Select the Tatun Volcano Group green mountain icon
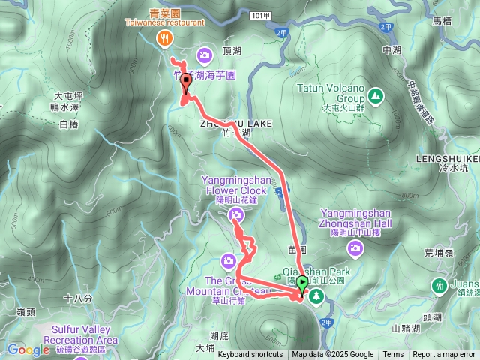click(x=374, y=95)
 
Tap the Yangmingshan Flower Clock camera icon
click(x=236, y=217)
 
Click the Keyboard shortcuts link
click(x=250, y=355)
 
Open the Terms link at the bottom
click(x=393, y=355)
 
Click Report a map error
click(x=444, y=355)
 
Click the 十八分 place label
click(x=78, y=298)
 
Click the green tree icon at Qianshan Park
click(x=317, y=295)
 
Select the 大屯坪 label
click(x=67, y=97)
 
